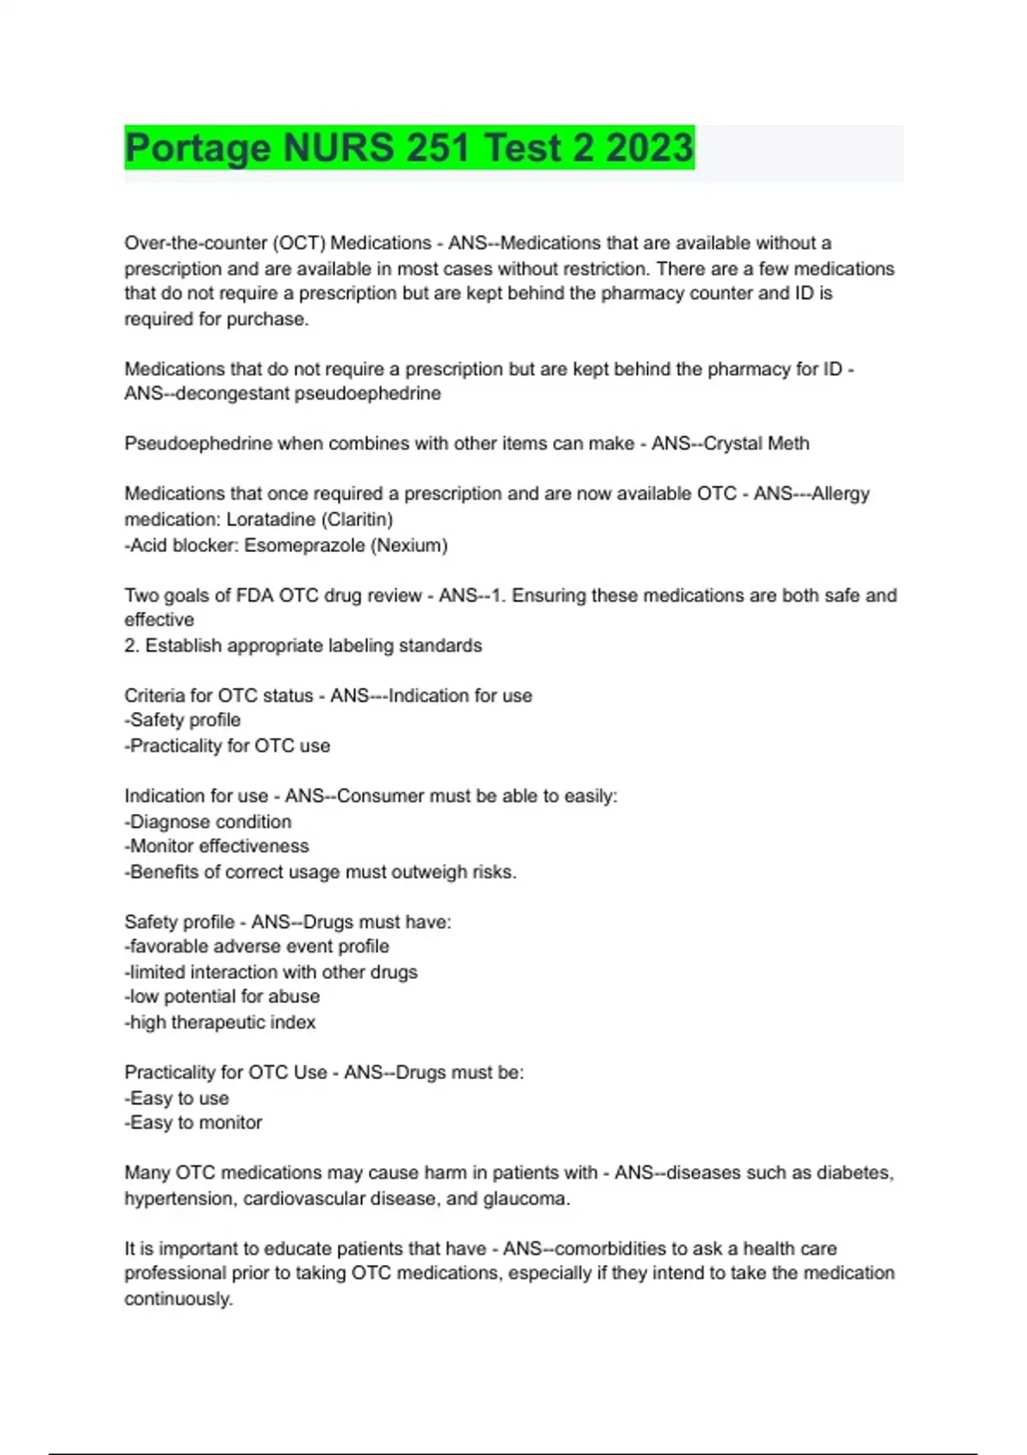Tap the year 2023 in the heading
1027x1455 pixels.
[650, 148]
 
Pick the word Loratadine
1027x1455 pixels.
[270, 520]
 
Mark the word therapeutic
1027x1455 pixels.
[218, 1023]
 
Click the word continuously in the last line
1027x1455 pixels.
[177, 1299]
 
